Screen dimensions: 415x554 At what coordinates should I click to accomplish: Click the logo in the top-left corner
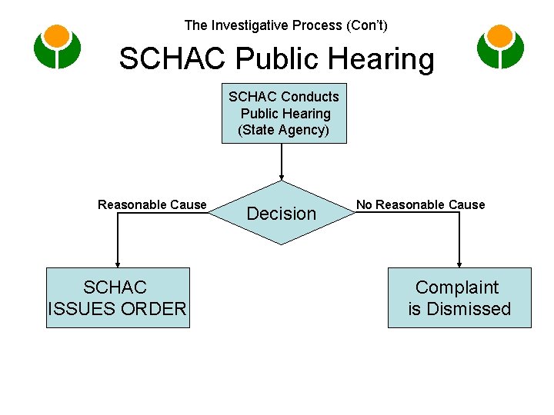pyautogui.click(x=57, y=47)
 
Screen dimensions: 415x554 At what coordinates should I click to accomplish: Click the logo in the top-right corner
pyautogui.click(x=500, y=47)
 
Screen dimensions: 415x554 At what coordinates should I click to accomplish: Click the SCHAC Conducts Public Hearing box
pyautogui.click(x=284, y=113)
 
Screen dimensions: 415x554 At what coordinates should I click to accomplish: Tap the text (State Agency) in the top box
pyautogui.click(x=284, y=130)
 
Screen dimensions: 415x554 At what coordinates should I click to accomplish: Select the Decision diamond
pyautogui.click(x=282, y=213)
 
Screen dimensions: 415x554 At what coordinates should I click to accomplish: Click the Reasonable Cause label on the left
pyautogui.click(x=152, y=204)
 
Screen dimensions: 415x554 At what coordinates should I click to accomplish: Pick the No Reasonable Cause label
pyautogui.click(x=420, y=204)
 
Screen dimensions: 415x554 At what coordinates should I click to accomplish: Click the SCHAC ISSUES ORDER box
pyautogui.click(x=118, y=297)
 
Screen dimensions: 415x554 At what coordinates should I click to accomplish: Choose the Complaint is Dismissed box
pyautogui.click(x=459, y=297)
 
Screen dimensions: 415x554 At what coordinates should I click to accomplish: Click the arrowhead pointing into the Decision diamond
pyautogui.click(x=282, y=178)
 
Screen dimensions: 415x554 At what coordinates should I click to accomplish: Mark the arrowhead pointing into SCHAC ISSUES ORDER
pyautogui.click(x=118, y=264)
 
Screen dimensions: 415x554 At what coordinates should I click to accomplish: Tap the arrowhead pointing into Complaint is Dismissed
pyautogui.click(x=459, y=264)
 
